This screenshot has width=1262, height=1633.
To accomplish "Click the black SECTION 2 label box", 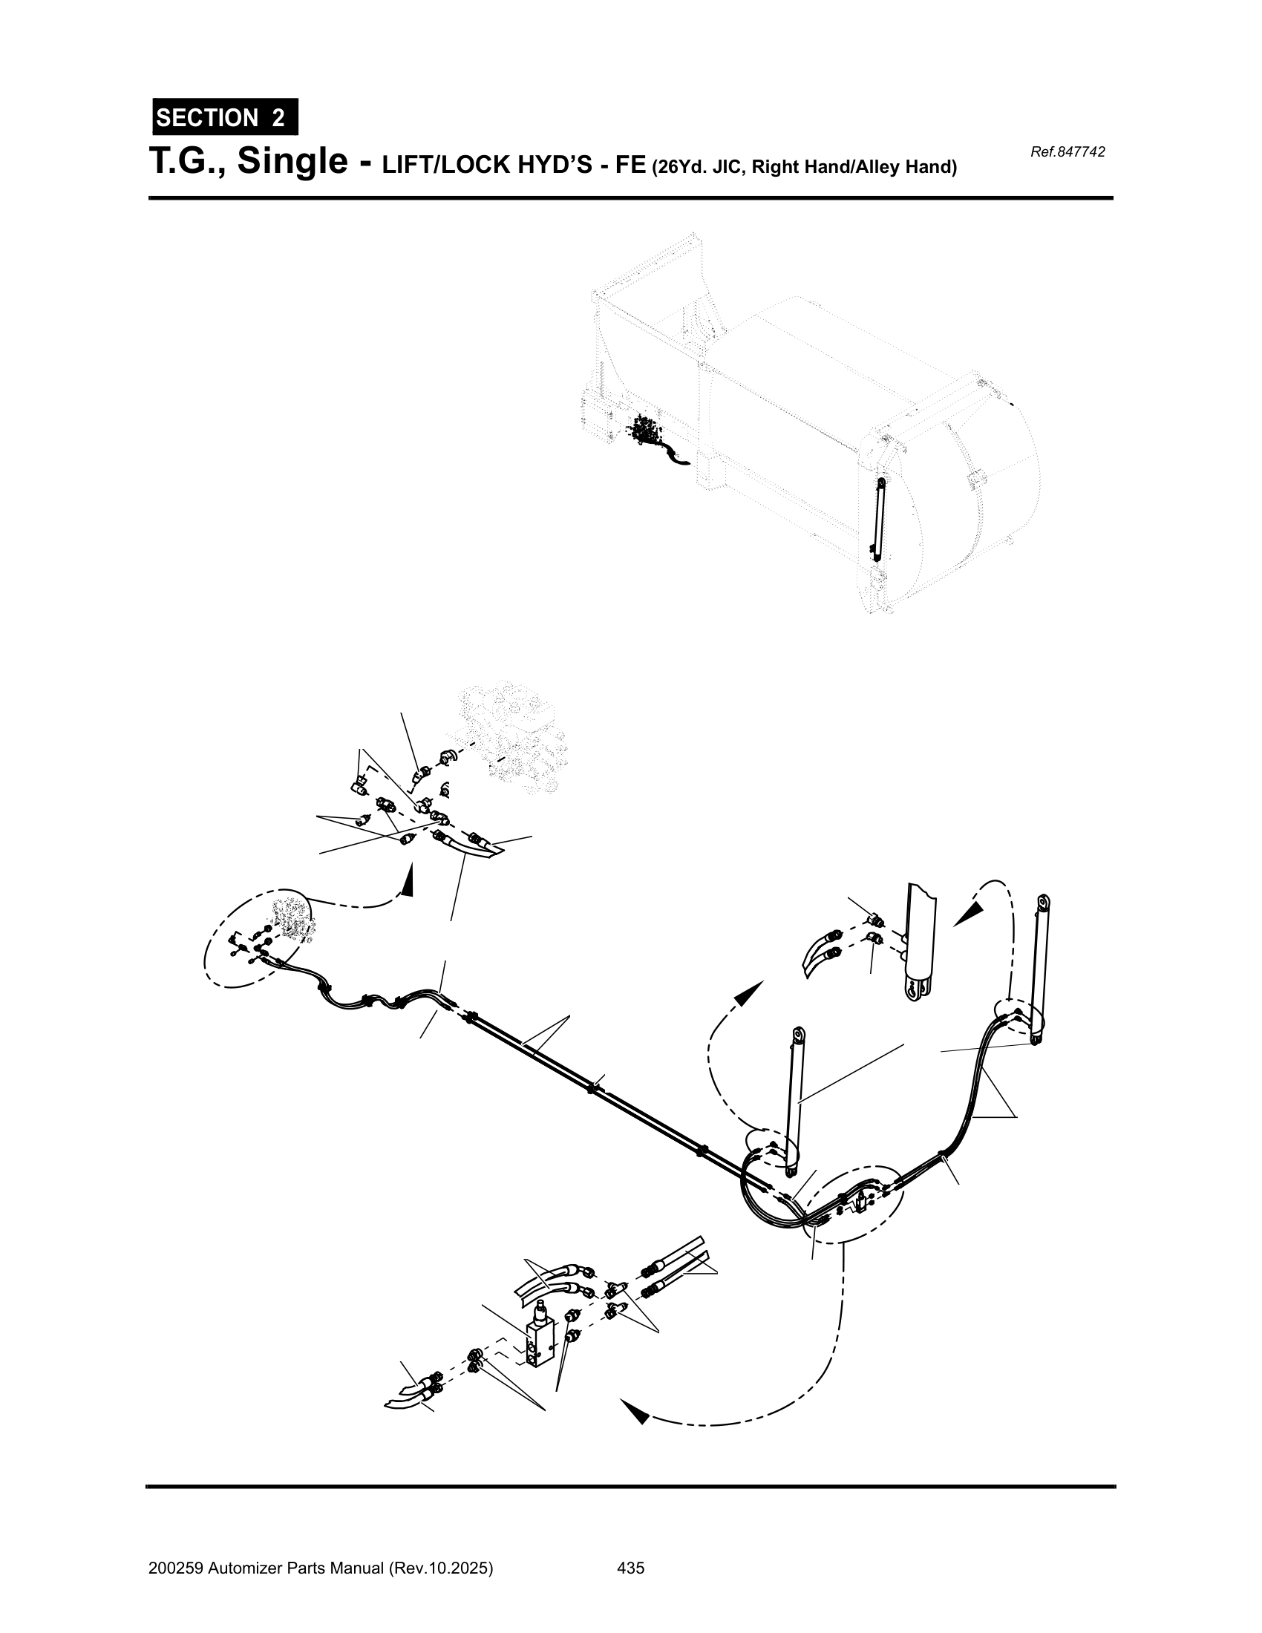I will [225, 117].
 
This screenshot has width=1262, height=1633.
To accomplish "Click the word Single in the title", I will [293, 163].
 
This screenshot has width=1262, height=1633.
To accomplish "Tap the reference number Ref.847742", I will [1067, 152].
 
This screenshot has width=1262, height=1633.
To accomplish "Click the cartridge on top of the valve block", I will [538, 1314].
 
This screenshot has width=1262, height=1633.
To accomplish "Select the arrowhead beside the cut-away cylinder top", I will [970, 914].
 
